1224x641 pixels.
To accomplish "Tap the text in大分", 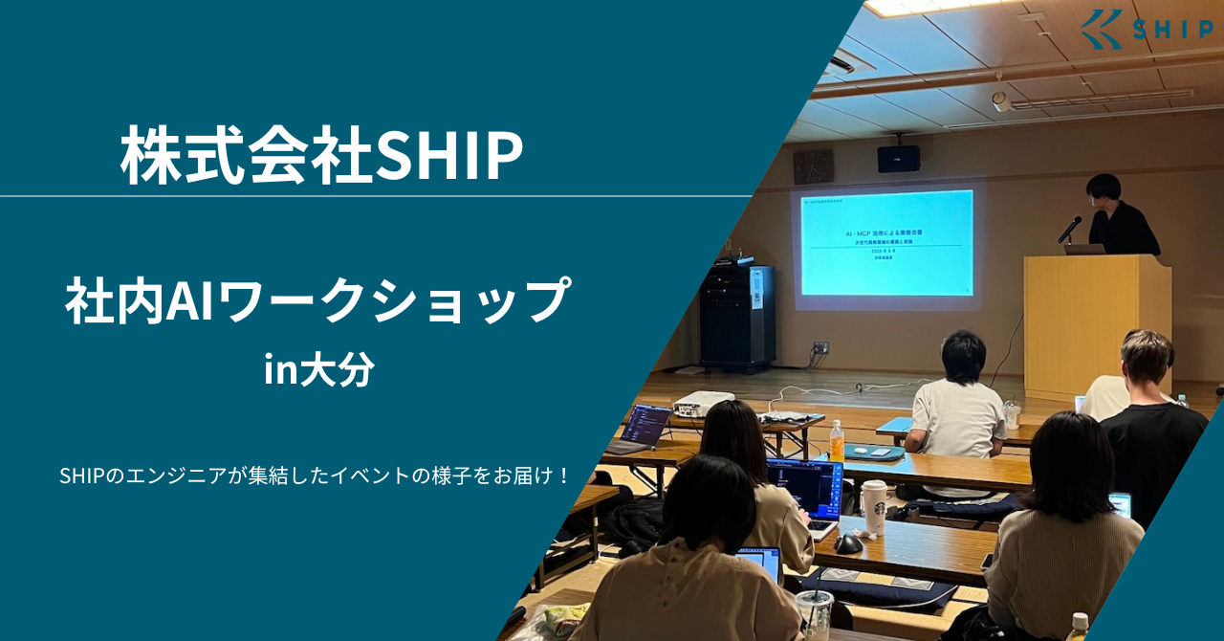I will point(318,371).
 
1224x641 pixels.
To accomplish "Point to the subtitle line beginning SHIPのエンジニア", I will point(315,475).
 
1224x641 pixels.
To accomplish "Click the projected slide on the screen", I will point(886,243).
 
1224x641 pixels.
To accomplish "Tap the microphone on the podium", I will point(1070,230).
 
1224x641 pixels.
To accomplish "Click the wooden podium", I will point(1097,320).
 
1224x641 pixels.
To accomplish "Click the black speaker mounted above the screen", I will point(898,159).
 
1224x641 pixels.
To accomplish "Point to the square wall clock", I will point(813,166).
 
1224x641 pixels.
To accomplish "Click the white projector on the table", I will point(704,403).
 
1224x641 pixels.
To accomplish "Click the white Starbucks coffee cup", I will point(873,506).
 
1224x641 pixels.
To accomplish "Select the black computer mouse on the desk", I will point(847,543).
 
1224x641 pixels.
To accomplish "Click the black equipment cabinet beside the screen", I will point(736,317).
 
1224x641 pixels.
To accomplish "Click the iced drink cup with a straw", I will point(814,612).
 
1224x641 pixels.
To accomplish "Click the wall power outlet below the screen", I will point(820,347).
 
